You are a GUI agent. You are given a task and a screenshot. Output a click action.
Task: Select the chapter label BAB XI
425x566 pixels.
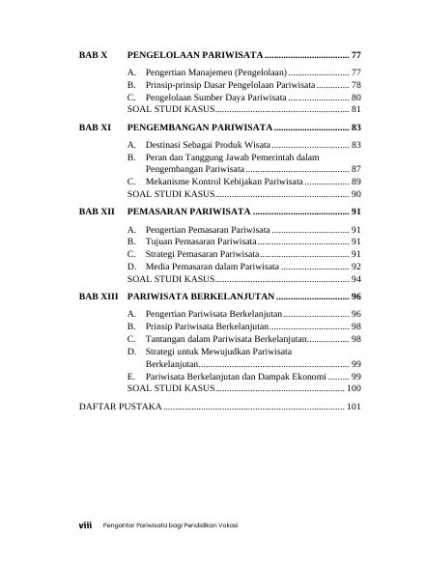coord(94,127)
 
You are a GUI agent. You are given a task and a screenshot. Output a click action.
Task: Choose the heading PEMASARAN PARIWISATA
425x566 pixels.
coord(188,211)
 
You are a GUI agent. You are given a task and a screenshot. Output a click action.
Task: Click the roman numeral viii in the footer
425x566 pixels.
coord(85,524)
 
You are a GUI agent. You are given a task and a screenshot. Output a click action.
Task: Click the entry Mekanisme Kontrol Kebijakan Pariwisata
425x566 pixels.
coord(223,182)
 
